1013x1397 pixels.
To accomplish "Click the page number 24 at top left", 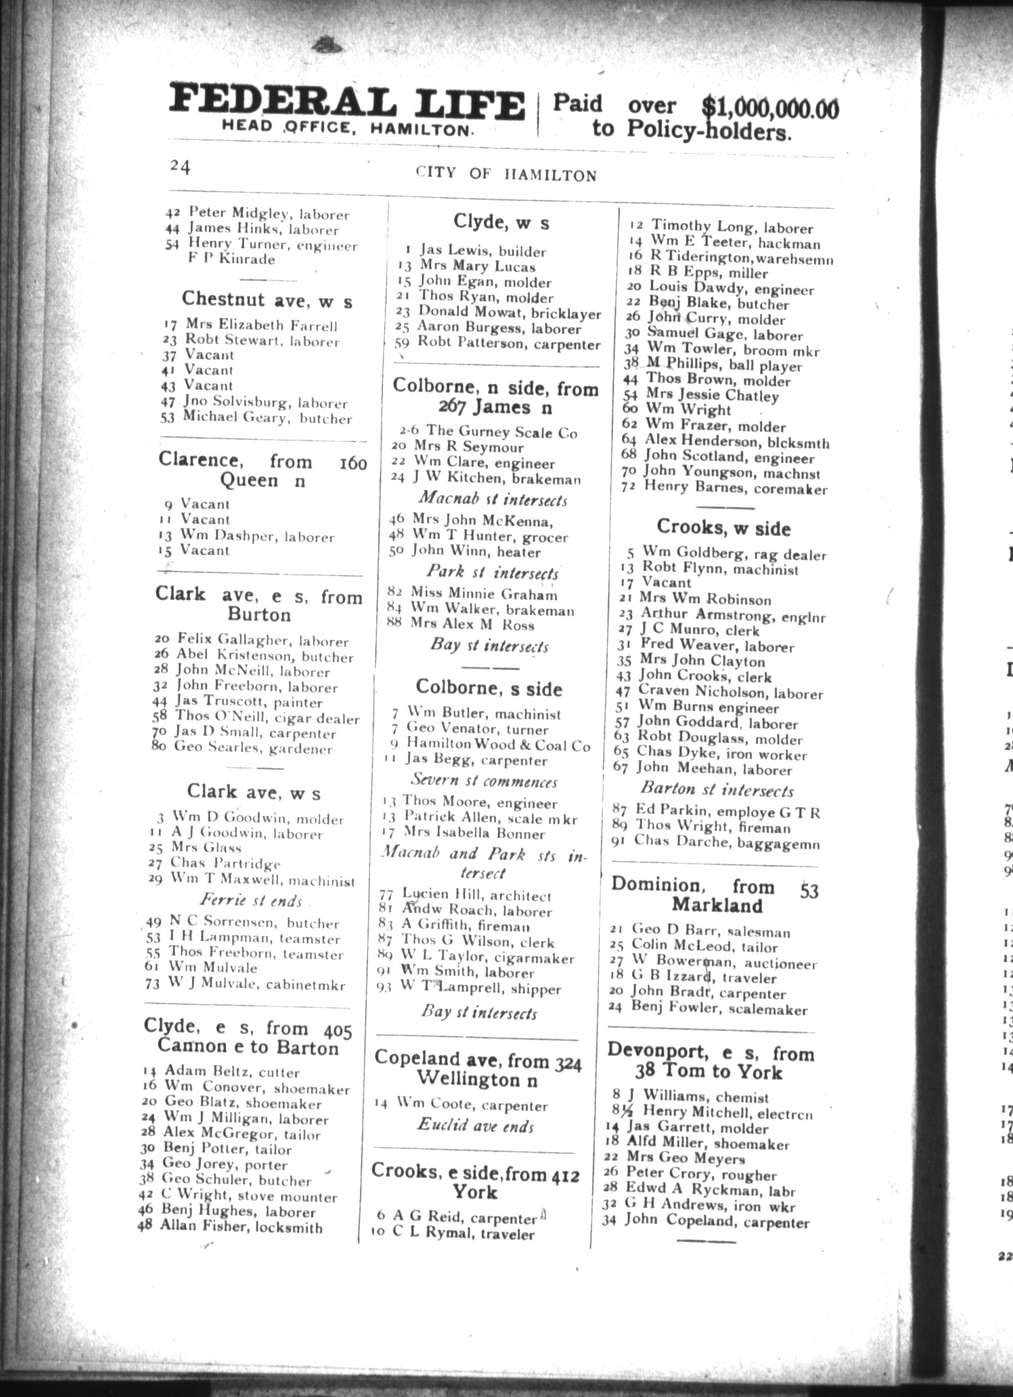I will pos(180,167).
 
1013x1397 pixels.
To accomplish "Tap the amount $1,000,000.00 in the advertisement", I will pos(770,108).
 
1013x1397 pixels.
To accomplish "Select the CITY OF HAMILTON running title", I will pos(506,174).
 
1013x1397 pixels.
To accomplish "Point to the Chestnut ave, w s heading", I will pos(267,300).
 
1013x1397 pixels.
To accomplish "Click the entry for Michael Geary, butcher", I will pos(267,418).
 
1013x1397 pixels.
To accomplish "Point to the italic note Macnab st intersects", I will pos(492,499).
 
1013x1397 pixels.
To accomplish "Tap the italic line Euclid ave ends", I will pos(475,1125).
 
